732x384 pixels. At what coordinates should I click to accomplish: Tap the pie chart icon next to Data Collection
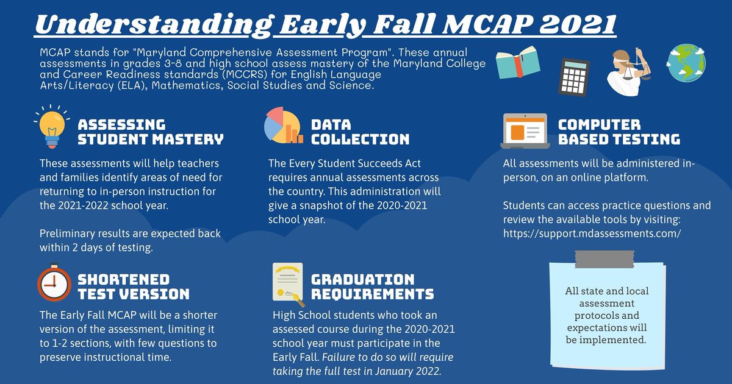pos(283,124)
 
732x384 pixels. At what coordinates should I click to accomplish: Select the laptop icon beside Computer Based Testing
pos(525,131)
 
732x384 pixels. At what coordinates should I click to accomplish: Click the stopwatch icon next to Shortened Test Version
pos(54,285)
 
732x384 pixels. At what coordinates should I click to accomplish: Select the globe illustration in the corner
pos(686,62)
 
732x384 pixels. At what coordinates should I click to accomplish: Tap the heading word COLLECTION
pos(360,140)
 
